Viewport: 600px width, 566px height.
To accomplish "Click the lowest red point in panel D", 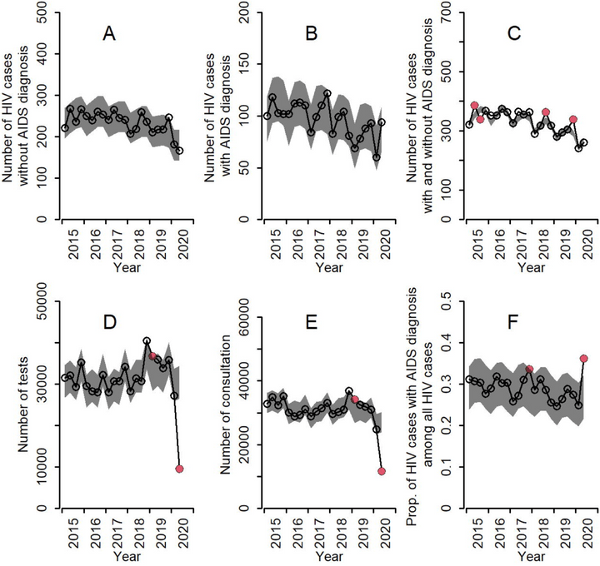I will [x=179, y=469].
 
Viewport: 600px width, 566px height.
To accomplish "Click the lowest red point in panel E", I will [x=382, y=471].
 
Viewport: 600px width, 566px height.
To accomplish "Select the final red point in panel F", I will [x=583, y=359].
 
